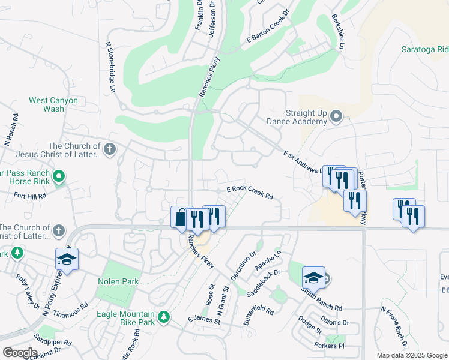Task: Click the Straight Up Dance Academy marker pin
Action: coord(336,116)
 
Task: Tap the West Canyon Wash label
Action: coord(54,104)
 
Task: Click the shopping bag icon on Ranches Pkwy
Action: coord(181,218)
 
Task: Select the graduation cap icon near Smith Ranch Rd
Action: coord(313,278)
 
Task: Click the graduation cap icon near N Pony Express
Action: coord(67,259)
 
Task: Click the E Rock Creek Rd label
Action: coord(250,191)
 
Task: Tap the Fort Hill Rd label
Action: coord(30,196)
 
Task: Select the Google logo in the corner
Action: coord(19,353)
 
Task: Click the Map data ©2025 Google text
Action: coord(411,355)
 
